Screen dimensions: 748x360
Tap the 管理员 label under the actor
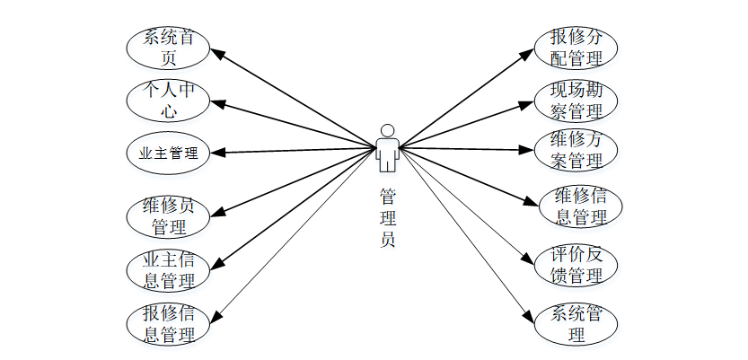(x=388, y=215)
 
